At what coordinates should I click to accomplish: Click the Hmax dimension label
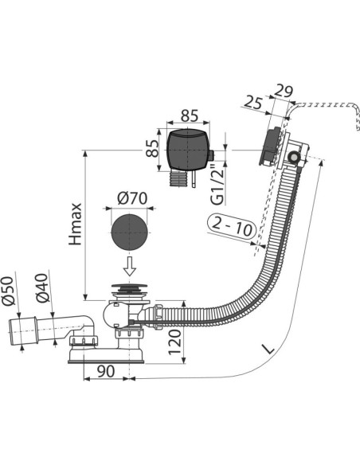tap(76, 225)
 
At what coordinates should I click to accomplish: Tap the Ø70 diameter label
tap(132, 198)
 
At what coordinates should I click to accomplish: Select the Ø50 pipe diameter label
tap(8, 291)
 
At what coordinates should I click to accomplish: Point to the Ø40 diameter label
tap(42, 287)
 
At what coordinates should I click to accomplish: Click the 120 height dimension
tap(175, 342)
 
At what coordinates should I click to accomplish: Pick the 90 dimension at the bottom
tap(106, 371)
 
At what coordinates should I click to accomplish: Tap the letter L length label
tap(269, 349)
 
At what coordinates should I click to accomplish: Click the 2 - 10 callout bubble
tap(233, 227)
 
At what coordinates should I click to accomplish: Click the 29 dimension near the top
tap(283, 91)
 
